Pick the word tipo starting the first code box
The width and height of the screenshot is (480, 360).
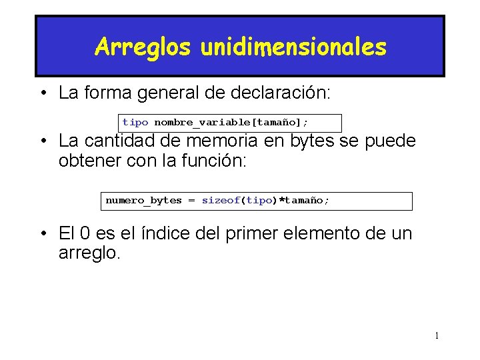point(135,123)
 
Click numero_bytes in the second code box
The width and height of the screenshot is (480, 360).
point(143,201)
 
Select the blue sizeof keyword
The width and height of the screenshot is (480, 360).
point(221,201)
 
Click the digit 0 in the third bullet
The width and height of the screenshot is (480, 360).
point(85,234)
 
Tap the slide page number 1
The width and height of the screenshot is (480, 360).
point(437,335)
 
